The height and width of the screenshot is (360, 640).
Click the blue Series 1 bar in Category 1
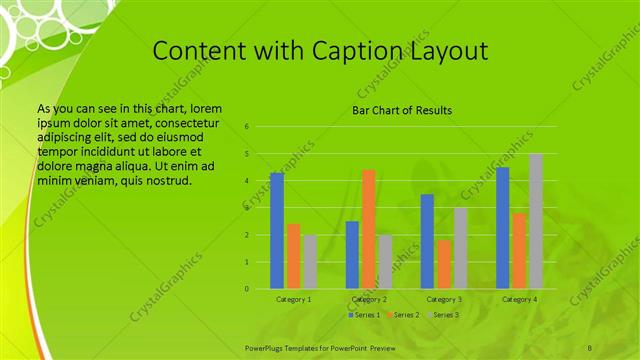point(277,231)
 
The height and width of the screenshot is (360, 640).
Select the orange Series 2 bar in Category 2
point(369,229)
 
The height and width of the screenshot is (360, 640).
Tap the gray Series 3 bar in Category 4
point(536,221)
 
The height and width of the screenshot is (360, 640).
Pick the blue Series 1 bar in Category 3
point(427,241)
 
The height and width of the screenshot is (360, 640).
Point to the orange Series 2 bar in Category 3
point(444,264)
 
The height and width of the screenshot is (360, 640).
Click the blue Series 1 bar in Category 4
point(502,228)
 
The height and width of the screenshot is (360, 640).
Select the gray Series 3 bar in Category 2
point(386,262)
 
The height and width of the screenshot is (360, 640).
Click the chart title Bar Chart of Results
point(402,110)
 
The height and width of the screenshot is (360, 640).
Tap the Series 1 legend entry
point(365,315)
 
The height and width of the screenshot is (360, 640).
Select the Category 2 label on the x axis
point(369,299)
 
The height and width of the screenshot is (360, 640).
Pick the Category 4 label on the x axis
point(519,299)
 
